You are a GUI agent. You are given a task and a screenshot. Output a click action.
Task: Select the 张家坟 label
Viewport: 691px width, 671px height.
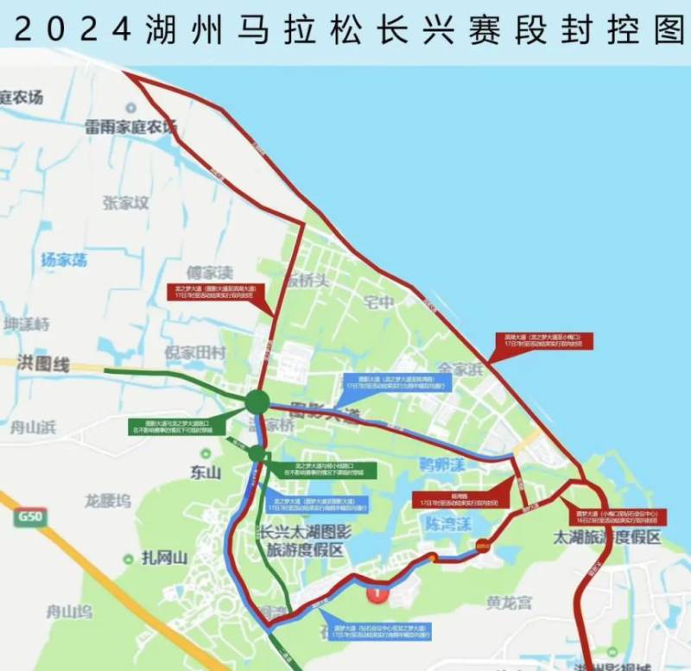[126, 204]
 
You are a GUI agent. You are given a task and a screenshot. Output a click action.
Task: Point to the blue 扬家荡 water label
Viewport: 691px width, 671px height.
[64, 259]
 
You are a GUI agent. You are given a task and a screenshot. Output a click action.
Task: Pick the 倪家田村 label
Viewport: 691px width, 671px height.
[194, 353]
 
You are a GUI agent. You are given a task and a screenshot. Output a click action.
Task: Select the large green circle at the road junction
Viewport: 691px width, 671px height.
[257, 402]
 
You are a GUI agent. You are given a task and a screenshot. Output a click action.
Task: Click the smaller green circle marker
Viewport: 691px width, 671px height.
[257, 453]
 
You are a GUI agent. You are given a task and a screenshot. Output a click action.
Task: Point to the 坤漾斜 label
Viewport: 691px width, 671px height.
[27, 324]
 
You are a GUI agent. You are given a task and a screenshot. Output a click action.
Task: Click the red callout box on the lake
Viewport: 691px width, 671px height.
[541, 340]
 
